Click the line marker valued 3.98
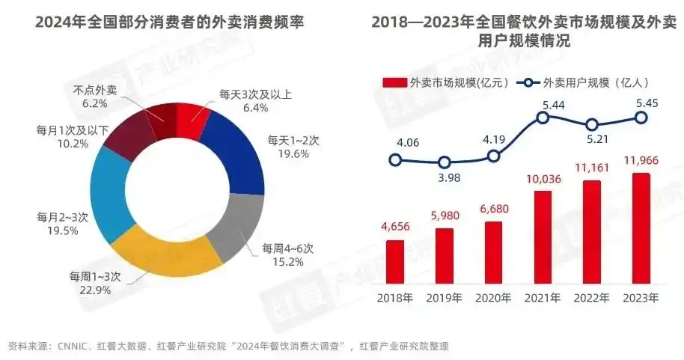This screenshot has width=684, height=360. [x=445, y=162]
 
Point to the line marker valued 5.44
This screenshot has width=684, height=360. [x=543, y=117]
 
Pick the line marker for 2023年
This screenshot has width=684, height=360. [x=641, y=118]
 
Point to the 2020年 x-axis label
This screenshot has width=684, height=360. [x=494, y=297]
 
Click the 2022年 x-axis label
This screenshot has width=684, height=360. [x=593, y=297]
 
